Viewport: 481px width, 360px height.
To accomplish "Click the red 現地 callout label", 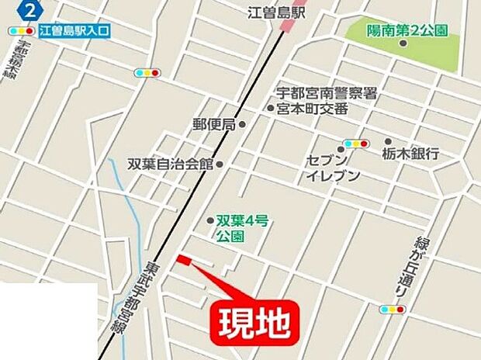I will [252, 320].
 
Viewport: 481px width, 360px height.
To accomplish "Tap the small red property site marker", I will [183, 260].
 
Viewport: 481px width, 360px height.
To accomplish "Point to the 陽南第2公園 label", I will [408, 29].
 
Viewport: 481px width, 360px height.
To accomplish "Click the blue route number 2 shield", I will [29, 11].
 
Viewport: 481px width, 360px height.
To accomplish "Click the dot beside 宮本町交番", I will [271, 109].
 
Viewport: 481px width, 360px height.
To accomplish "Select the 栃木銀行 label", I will [410, 154].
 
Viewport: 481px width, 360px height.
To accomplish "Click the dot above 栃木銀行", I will [388, 142].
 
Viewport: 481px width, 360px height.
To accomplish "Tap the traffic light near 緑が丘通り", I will [392, 309].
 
